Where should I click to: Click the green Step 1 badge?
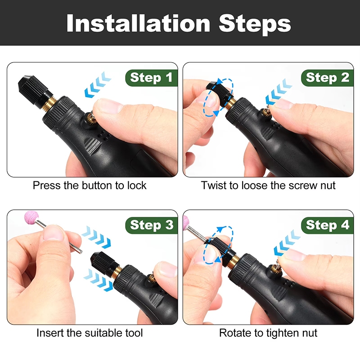point(152,77)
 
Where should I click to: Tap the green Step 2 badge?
point(328,77)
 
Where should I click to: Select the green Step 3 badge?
point(152,225)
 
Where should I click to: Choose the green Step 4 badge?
point(328,225)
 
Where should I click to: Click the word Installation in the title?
point(138,23)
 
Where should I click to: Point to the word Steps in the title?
point(255,24)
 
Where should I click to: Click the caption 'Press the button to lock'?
point(90,185)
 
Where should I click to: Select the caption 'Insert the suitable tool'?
point(90,333)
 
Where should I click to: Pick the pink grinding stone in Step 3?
point(31,217)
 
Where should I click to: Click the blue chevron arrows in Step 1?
point(98,85)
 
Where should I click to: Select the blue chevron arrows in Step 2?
point(279,91)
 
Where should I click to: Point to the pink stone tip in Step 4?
point(186,223)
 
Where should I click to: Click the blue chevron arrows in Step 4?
point(287,243)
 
